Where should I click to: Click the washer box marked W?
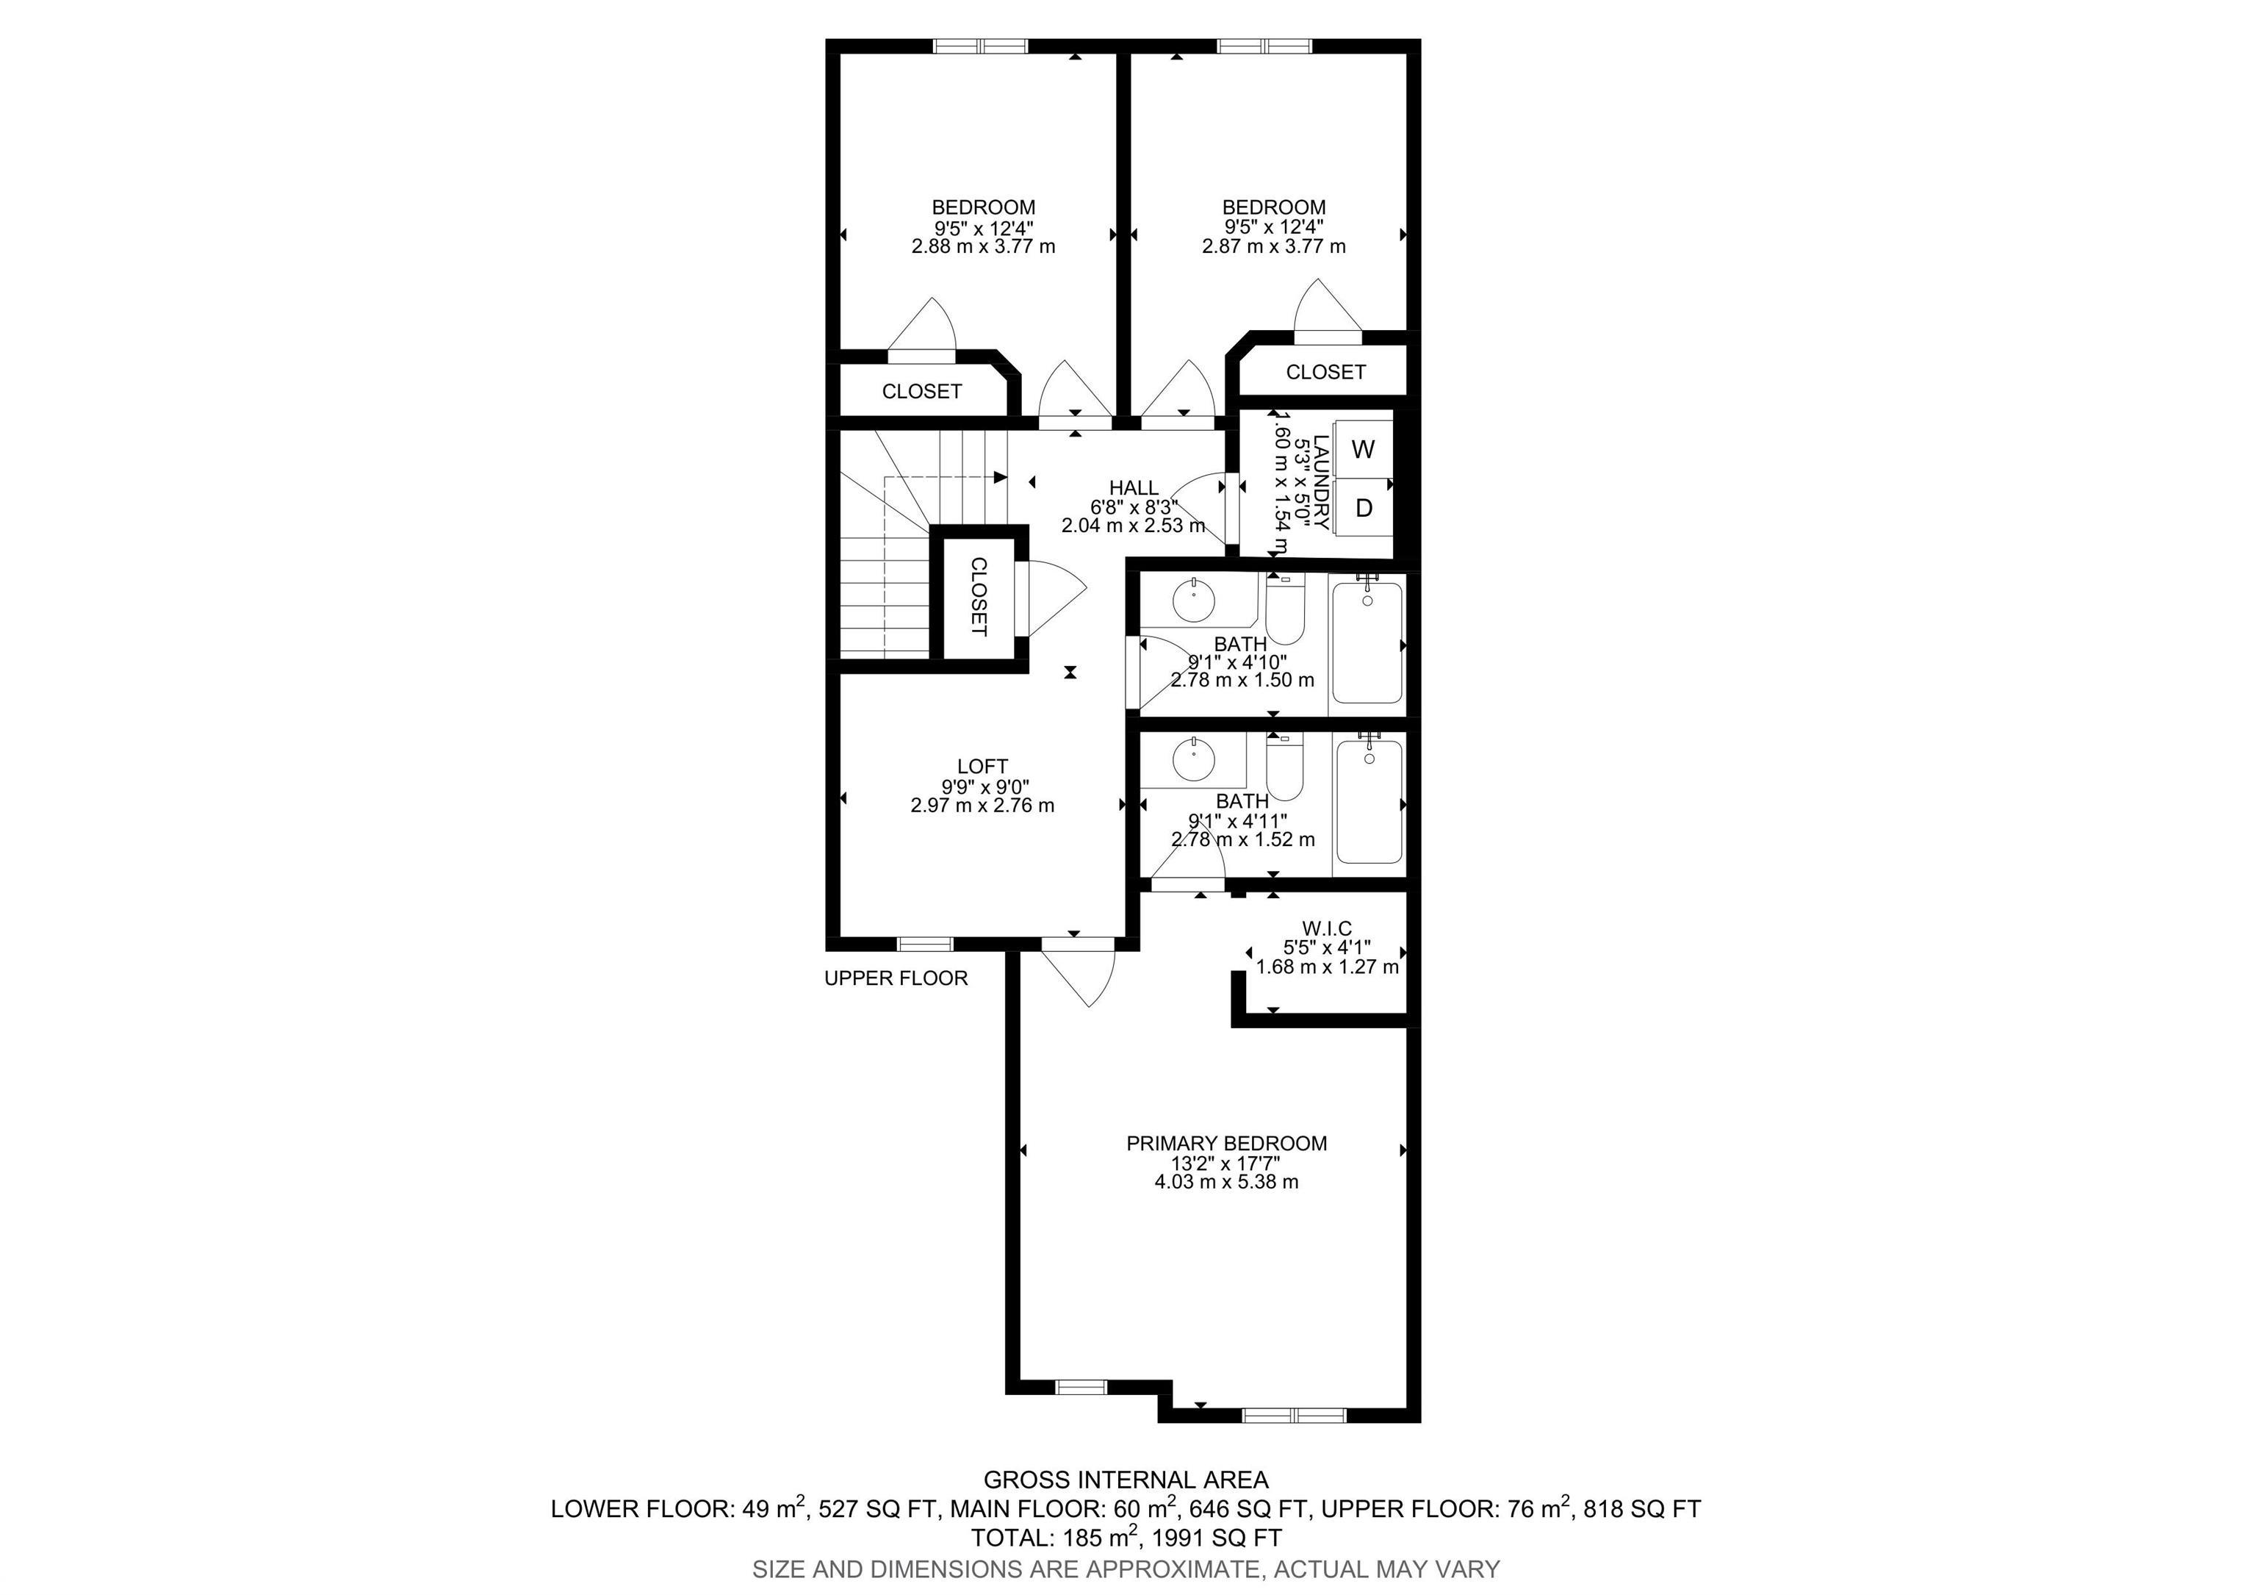(x=1362, y=449)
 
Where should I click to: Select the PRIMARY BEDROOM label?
(x=1225, y=1144)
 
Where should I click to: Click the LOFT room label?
(x=982, y=766)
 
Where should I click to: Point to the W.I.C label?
(x=1326, y=928)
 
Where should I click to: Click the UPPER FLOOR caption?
(x=896, y=978)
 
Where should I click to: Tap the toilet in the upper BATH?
(x=1284, y=611)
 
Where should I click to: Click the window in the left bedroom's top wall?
(x=979, y=46)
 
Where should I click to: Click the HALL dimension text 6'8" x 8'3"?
(x=1134, y=507)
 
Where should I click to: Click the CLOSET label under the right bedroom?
(x=1325, y=372)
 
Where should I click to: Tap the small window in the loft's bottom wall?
(x=925, y=944)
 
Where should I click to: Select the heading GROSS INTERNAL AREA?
(x=1126, y=1479)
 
